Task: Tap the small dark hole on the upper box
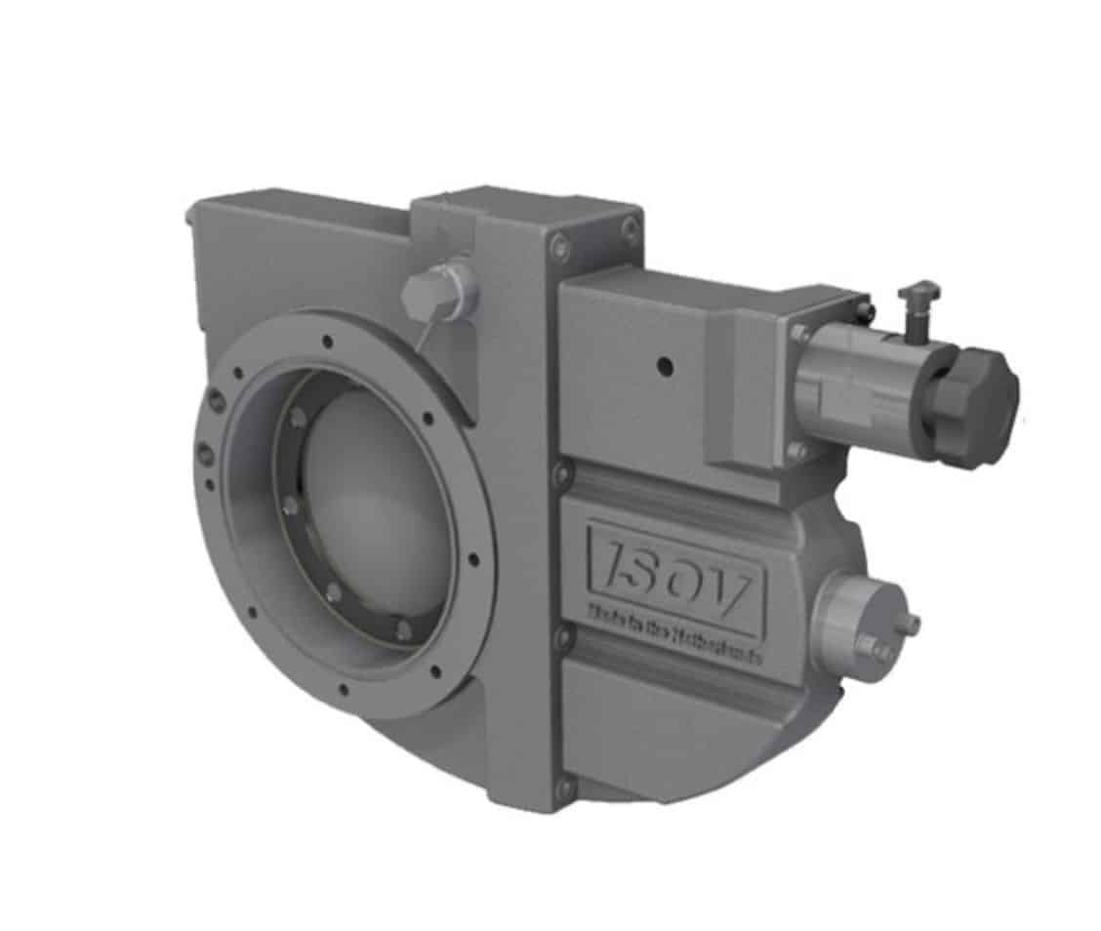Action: pyautogui.click(x=665, y=366)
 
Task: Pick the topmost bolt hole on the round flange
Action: pyautogui.click(x=327, y=341)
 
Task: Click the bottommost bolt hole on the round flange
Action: pyautogui.click(x=344, y=690)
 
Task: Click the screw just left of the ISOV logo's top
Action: pyautogui.click(x=561, y=475)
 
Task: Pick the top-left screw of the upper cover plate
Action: pyautogui.click(x=558, y=245)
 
